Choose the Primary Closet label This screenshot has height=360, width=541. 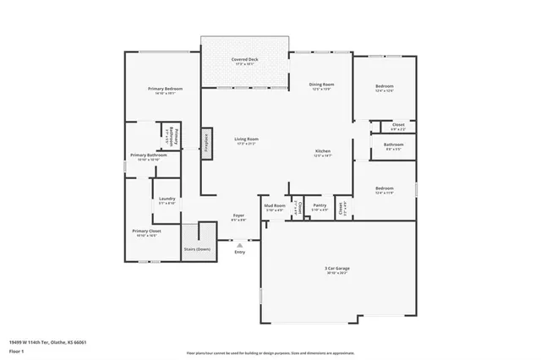(146, 231)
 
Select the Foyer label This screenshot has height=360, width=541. (239, 216)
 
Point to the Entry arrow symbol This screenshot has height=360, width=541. (239, 245)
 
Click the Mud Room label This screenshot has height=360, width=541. (274, 205)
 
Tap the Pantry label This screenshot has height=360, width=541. (319, 205)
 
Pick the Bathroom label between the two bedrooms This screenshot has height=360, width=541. (393, 145)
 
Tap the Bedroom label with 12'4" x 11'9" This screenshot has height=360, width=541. (384, 188)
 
